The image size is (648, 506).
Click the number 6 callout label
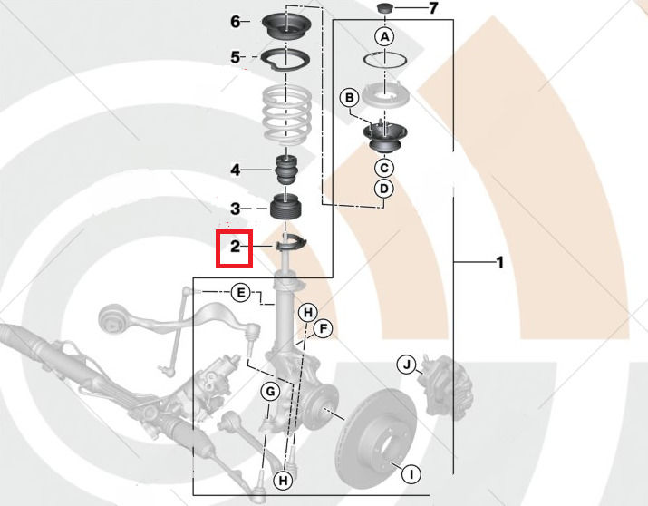pos(235,22)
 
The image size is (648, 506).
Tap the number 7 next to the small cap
pos(432,9)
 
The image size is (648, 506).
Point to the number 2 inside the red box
pos(234,246)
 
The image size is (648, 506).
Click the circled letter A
pos(385,37)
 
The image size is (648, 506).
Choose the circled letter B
pos(348,97)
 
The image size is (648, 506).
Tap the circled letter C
pos(384,168)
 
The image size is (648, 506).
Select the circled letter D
pos(384,189)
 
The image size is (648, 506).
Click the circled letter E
pos(239,292)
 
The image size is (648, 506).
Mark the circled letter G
pos(269,392)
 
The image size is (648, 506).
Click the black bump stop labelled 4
pos(287,170)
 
